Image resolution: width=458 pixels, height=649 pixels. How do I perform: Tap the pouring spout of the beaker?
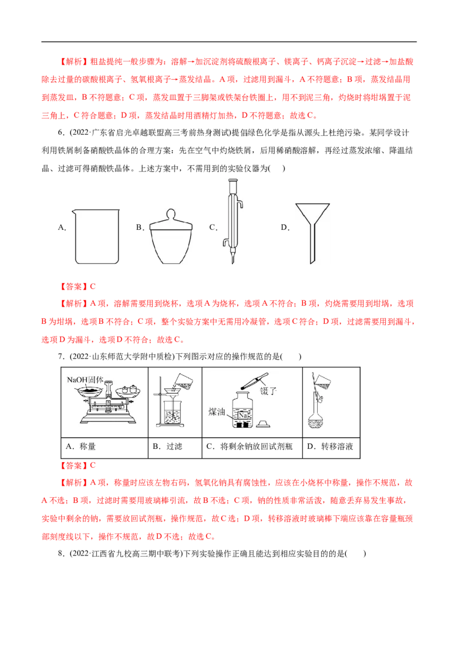coord(72,209)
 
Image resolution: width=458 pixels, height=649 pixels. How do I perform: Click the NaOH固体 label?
coord(84,380)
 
